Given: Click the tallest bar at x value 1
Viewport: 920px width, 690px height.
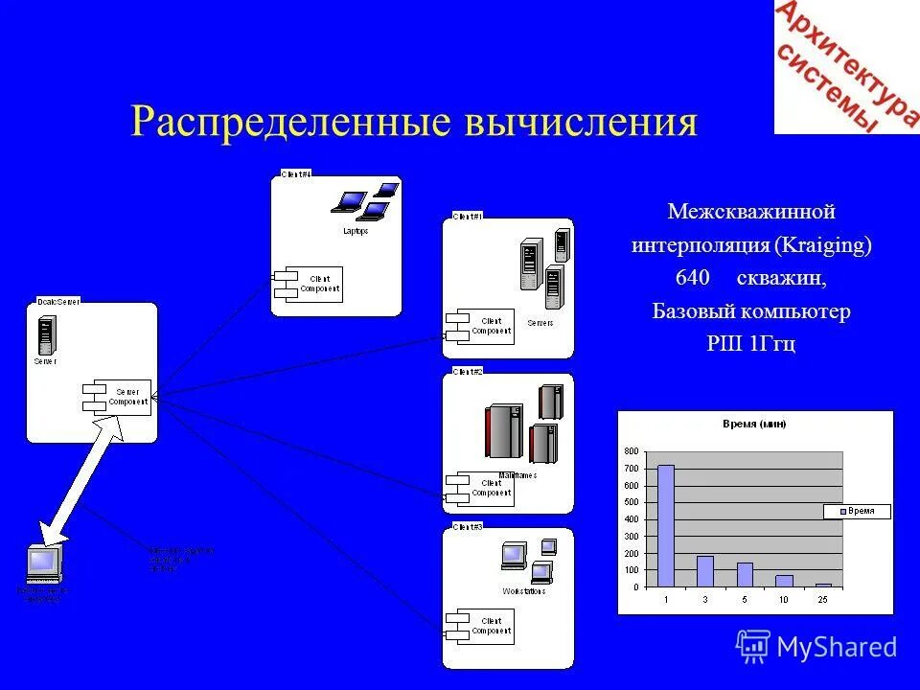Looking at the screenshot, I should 665,525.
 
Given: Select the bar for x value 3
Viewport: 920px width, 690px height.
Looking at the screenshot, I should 705,571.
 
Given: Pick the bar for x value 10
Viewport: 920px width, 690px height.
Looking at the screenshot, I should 784,581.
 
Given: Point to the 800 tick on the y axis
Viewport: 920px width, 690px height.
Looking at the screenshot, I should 631,451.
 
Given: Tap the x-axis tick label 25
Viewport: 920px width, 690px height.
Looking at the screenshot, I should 823,600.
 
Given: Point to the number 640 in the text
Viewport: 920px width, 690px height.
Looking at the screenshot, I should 692,278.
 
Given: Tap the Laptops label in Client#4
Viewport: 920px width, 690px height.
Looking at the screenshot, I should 356,231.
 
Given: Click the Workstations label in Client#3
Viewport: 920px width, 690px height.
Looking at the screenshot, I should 523,591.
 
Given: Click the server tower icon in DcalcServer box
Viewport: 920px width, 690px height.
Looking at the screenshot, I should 44,334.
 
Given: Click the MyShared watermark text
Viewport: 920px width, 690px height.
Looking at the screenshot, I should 837,647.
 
